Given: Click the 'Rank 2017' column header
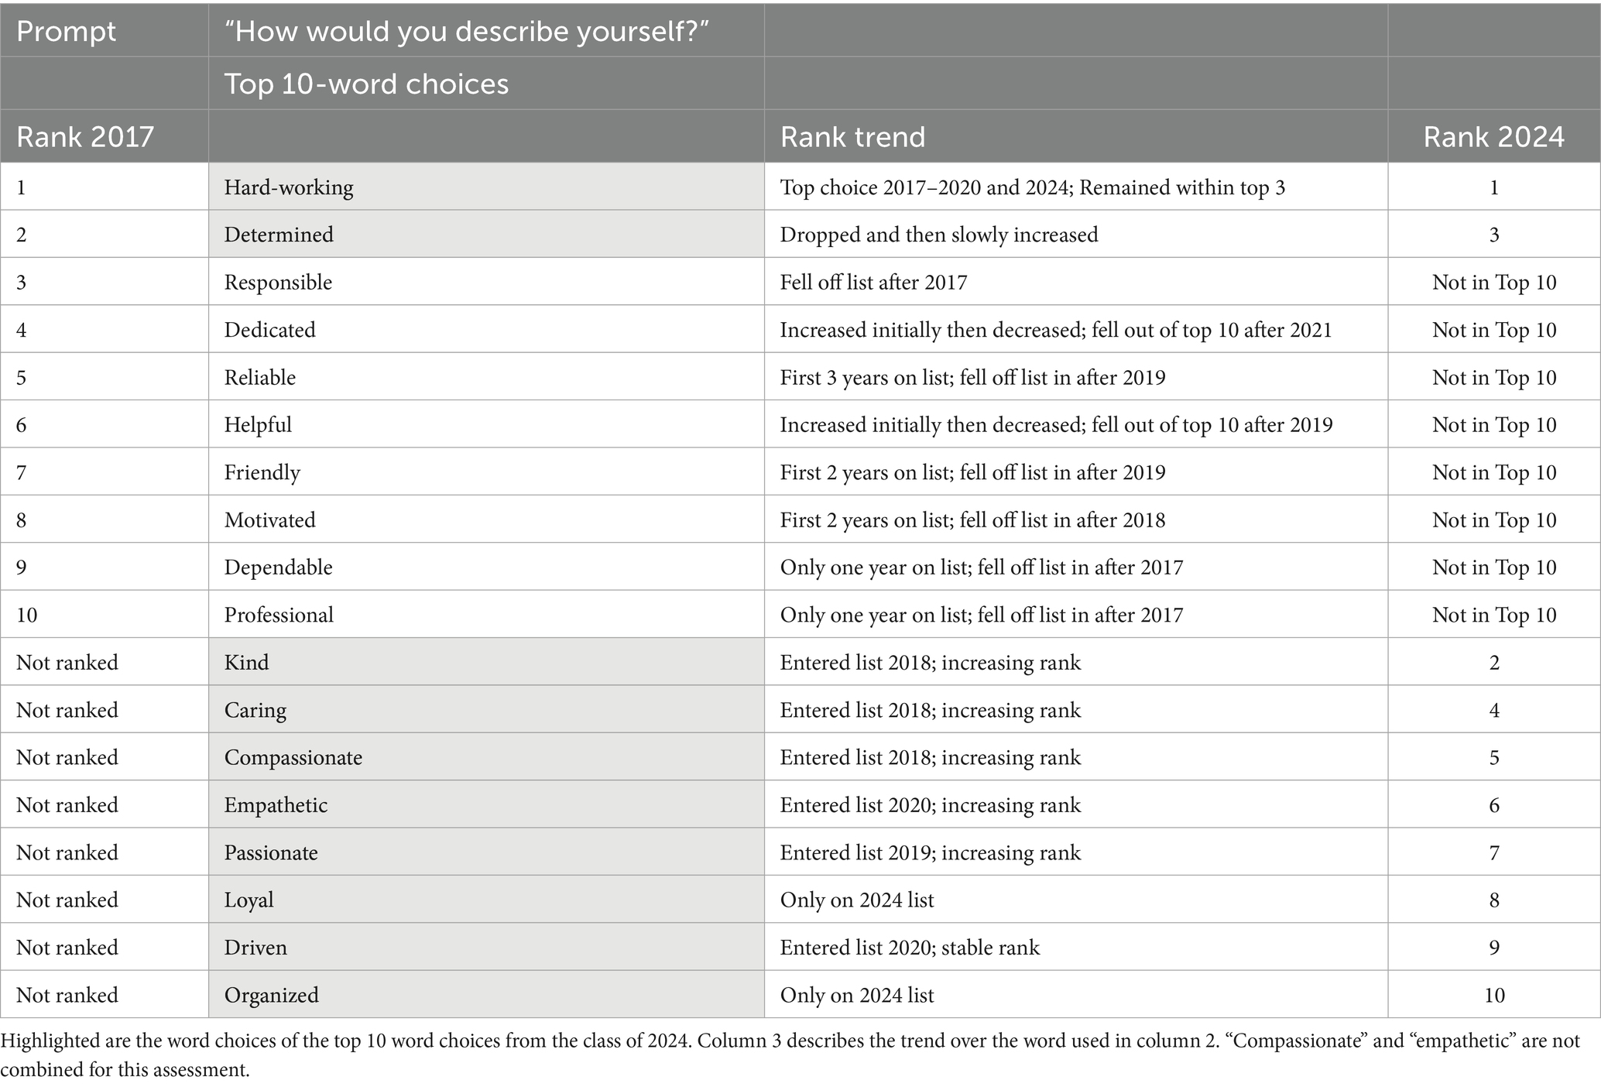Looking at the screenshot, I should pyautogui.click(x=84, y=137).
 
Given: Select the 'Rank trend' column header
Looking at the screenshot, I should pyautogui.click(x=852, y=137).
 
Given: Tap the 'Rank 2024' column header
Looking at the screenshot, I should pyautogui.click(x=1493, y=137).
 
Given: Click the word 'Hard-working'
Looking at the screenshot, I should pyautogui.click(x=289, y=187).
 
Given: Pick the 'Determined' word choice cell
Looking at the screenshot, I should pyautogui.click(x=279, y=235).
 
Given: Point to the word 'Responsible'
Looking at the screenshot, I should pyautogui.click(x=278, y=282).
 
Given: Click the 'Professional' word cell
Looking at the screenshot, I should pyautogui.click(x=279, y=615).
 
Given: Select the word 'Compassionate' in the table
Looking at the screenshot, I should pyautogui.click(x=293, y=757).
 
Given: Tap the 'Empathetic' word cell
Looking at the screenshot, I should pyautogui.click(x=276, y=805).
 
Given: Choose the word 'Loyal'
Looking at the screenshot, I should pyautogui.click(x=249, y=900).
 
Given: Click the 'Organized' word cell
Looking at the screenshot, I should pyautogui.click(x=271, y=995).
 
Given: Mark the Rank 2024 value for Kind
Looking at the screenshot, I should pyautogui.click(x=1493, y=663).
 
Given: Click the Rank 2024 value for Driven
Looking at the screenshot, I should pyautogui.click(x=1493, y=948).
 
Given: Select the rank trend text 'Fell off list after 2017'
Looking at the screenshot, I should pyautogui.click(x=873, y=282).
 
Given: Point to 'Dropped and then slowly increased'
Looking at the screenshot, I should pyautogui.click(x=938, y=235).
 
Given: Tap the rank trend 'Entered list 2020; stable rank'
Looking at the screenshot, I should pyautogui.click(x=910, y=948).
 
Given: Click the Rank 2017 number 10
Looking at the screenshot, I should pyautogui.click(x=26, y=615).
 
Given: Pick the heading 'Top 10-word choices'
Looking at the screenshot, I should pyautogui.click(x=366, y=84).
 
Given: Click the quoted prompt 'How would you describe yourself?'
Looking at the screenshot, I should pyautogui.click(x=467, y=31).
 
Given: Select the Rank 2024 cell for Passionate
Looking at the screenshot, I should pyautogui.click(x=1493, y=852).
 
